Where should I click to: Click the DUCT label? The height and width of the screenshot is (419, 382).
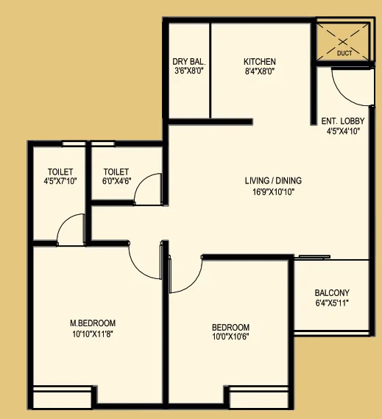tap(344, 53)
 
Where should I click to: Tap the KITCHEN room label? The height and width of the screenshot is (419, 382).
tap(260, 62)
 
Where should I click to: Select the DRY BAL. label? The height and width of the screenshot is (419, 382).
tap(189, 62)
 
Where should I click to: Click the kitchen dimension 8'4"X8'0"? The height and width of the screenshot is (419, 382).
tap(260, 71)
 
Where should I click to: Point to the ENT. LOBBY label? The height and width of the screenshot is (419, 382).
tap(343, 121)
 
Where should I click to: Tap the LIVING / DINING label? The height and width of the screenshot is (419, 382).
tap(273, 180)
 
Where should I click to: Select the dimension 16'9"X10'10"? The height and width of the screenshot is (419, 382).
tap(274, 192)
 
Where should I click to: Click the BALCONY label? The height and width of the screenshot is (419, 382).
tap(332, 293)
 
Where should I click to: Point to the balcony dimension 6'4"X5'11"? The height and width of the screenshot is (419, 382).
tap(332, 303)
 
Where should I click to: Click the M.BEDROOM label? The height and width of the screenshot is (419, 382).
tap(93, 323)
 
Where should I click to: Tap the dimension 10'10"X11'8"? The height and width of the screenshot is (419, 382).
tap(93, 334)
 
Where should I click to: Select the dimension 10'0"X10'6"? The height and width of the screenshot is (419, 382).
tap(230, 337)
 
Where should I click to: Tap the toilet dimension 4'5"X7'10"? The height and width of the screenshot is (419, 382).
tap(60, 181)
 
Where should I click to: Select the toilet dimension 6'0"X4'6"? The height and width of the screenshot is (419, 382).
tap(116, 181)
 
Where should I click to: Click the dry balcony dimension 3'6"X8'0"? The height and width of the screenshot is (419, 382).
tap(189, 71)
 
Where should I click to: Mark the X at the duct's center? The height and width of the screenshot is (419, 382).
tap(343, 42)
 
